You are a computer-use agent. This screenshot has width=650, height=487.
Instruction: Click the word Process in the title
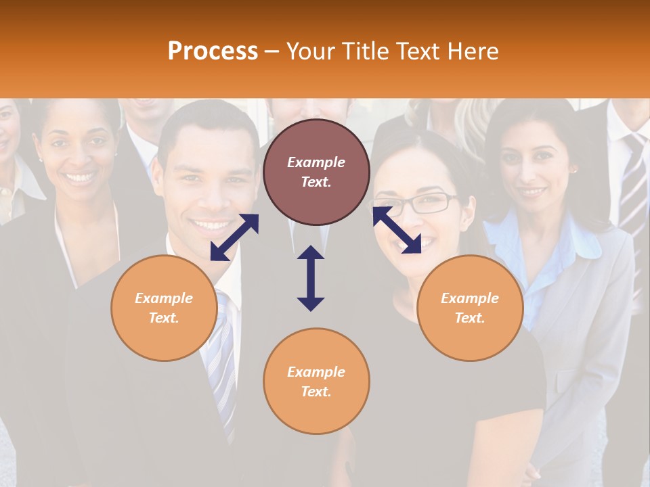click(213, 51)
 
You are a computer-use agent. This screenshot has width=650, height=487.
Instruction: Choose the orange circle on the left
click(164, 308)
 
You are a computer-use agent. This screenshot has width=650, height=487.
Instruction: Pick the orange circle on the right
click(470, 308)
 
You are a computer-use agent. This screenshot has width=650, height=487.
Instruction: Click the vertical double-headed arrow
click(311, 278)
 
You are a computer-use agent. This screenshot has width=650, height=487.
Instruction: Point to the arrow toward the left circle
click(234, 237)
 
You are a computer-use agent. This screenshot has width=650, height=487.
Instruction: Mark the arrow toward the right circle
click(397, 230)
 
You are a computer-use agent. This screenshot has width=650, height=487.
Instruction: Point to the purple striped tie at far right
click(634, 183)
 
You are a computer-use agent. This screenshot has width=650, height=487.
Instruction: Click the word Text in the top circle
click(316, 182)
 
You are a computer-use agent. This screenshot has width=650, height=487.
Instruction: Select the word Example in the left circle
click(164, 298)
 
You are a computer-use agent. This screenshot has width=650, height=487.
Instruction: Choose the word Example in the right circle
click(470, 298)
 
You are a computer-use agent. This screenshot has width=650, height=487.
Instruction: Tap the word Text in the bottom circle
click(316, 392)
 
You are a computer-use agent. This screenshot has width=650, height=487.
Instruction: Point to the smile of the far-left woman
click(80, 178)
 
